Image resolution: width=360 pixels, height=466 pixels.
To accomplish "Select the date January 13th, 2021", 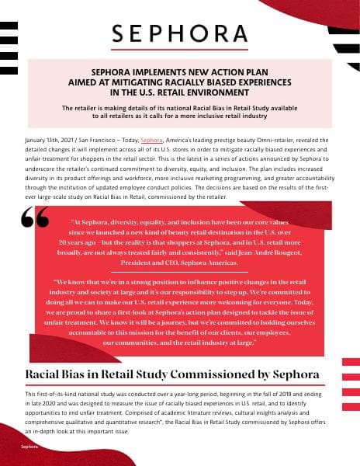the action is pos(47,134).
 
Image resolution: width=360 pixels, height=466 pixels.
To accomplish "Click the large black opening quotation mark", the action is pos(36,220).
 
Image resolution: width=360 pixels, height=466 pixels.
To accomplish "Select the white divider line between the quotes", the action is pos(180,271).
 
